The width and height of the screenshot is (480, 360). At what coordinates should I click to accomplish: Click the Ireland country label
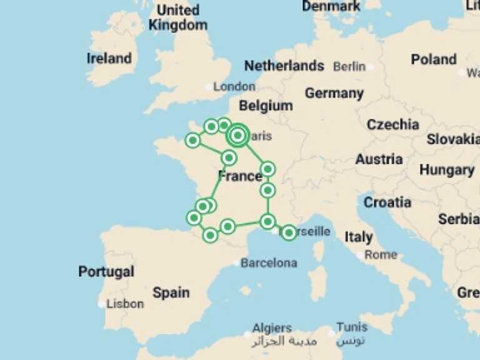coord(109,59)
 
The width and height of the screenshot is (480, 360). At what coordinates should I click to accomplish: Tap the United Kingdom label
coord(178,17)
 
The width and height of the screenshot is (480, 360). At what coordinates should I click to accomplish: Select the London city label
coord(234,87)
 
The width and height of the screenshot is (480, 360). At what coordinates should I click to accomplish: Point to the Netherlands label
coord(284,66)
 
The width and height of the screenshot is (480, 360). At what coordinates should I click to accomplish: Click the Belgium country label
coord(266,106)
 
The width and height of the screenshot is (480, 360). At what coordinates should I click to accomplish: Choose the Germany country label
coord(334,93)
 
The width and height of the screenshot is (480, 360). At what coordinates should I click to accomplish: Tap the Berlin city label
coord(349,66)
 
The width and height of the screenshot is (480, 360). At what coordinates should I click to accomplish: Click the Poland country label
coord(434,59)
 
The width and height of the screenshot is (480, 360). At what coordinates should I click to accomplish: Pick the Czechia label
coord(393,124)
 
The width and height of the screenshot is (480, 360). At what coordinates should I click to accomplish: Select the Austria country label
coord(379,159)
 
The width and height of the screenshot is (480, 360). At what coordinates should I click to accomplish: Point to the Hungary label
coord(447,169)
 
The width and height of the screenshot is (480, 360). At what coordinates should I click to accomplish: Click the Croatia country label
coord(387,202)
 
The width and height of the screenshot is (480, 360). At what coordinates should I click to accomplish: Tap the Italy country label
coord(359,237)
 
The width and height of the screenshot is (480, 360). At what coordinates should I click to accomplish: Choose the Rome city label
coord(381,254)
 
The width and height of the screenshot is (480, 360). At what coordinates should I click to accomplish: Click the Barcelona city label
coord(269,263)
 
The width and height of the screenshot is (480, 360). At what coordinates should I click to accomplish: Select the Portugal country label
coord(106,272)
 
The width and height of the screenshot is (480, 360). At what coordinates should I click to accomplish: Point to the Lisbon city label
coord(125,304)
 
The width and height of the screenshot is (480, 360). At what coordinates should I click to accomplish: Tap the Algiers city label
coord(272,327)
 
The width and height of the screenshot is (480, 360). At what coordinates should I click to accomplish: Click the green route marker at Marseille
coord(288,233)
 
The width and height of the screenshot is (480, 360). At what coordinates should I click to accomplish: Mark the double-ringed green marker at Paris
coord(237,135)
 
